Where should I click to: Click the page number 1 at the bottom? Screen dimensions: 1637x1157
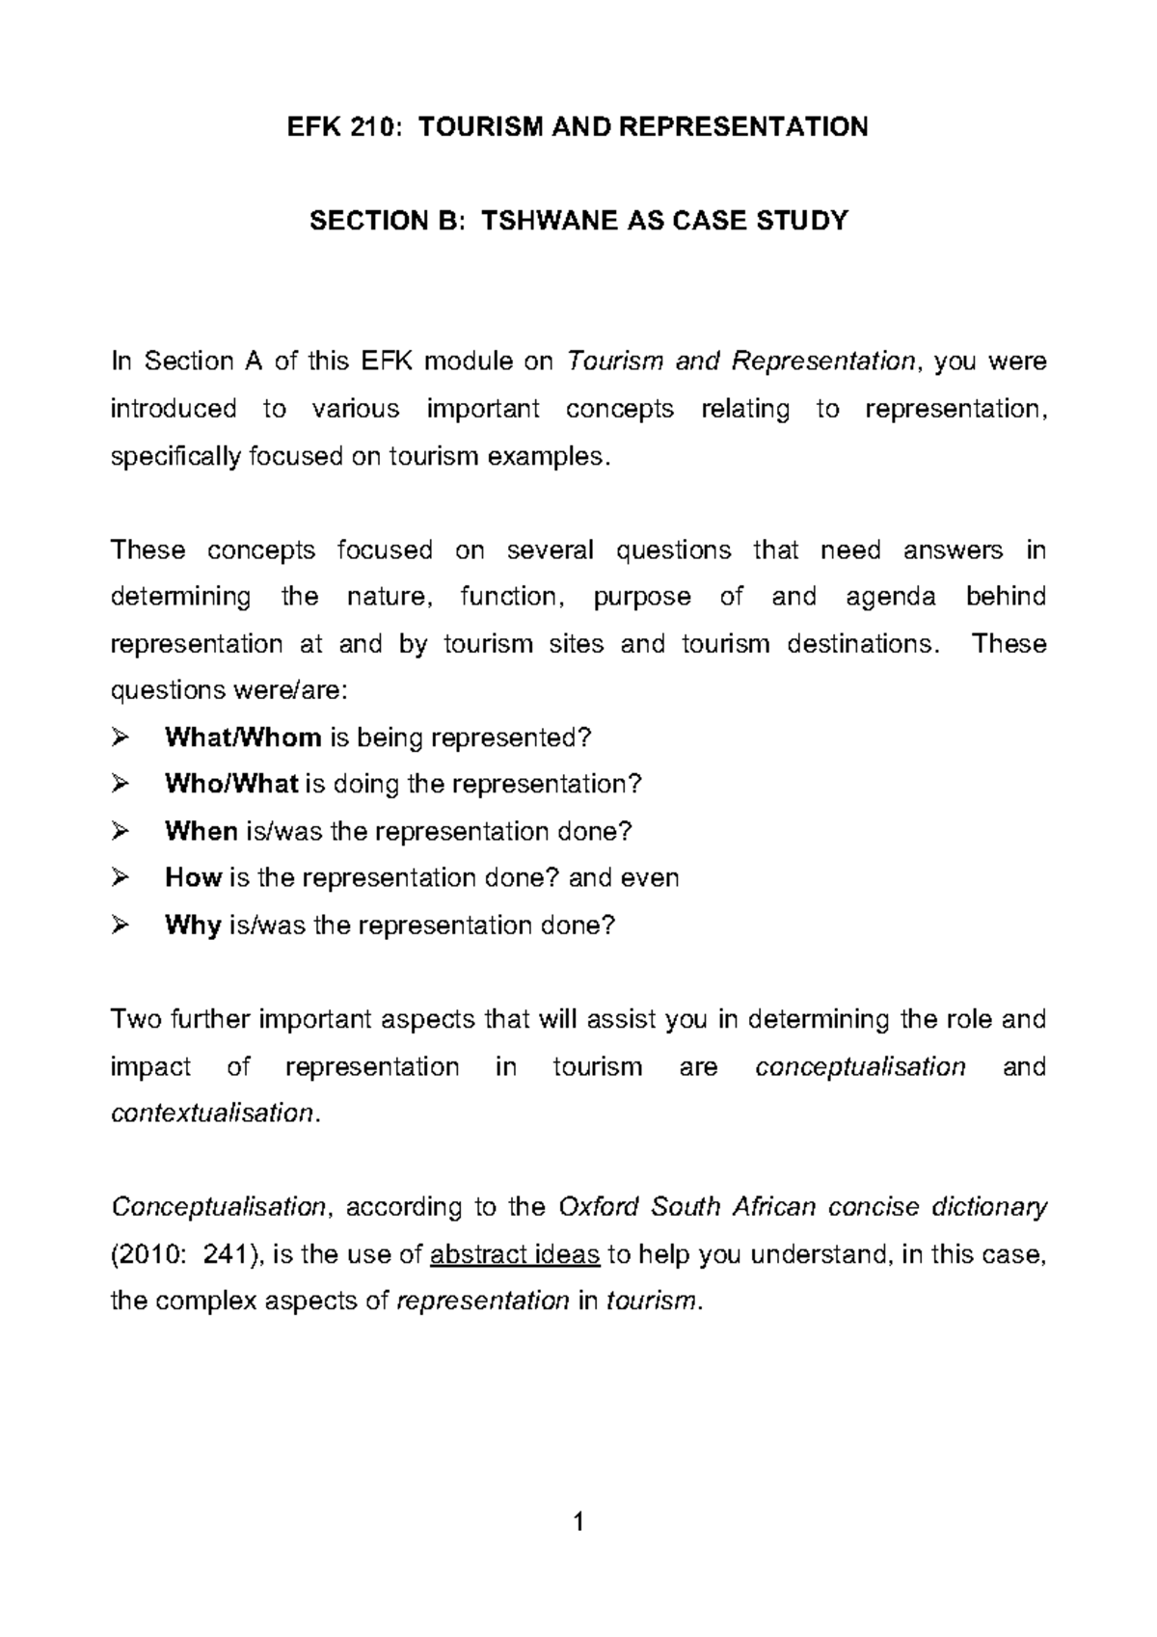click(578, 1523)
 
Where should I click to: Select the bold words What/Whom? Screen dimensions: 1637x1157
click(243, 738)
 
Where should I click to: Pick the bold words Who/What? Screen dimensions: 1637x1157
click(231, 785)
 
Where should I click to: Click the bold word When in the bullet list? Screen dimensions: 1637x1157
click(201, 831)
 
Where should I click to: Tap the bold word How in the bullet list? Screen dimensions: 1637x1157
click(194, 878)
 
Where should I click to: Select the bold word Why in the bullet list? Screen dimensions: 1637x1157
click(193, 926)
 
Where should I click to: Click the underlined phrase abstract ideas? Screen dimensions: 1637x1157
click(515, 1255)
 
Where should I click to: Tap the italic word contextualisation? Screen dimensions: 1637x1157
click(212, 1114)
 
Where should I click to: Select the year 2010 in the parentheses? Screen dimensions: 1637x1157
click(146, 1255)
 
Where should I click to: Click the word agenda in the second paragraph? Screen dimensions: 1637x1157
click(890, 598)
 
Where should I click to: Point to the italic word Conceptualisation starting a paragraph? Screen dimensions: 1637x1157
click(221, 1207)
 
